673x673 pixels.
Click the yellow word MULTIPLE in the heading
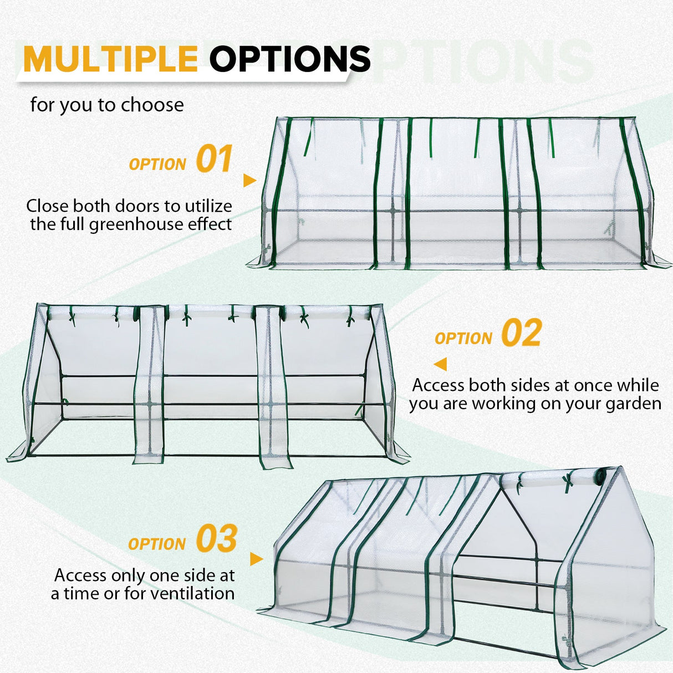111,58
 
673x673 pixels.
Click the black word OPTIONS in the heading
290,58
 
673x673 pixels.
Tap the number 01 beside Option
214,160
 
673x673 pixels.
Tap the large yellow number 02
521,333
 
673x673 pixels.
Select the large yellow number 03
216,539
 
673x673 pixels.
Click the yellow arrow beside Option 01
249,180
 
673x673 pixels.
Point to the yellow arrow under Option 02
440,364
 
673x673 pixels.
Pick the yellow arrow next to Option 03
256,559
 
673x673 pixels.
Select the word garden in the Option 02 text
633,404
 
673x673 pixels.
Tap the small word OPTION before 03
156,544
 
